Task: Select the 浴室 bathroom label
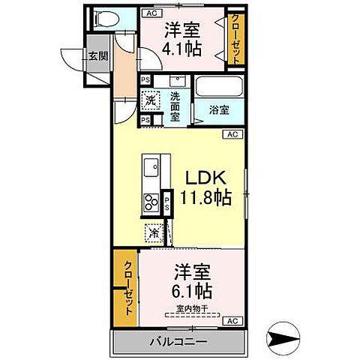[x=220, y=110]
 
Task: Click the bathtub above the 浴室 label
[x=220, y=87]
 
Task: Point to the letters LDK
[x=205, y=178]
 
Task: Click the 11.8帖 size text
[x=205, y=197]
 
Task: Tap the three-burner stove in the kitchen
[x=151, y=202]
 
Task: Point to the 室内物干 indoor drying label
[x=192, y=308]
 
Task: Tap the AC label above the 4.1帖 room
[x=151, y=13]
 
